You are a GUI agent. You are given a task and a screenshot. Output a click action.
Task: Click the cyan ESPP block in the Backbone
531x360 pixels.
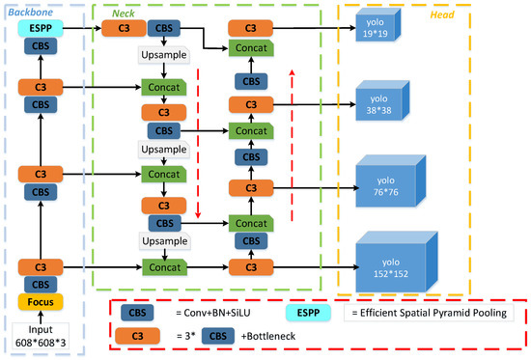[x=40, y=30]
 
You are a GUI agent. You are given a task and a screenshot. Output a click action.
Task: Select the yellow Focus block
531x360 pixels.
[x=40, y=303]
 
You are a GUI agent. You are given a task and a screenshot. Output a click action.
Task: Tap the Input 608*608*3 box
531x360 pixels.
[x=40, y=333]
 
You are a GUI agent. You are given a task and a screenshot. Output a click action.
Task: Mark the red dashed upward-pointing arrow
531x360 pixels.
[x=293, y=125]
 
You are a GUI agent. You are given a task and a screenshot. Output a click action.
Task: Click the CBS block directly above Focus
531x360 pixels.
[x=40, y=284]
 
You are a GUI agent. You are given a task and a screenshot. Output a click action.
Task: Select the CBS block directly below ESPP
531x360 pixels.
[x=40, y=47]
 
